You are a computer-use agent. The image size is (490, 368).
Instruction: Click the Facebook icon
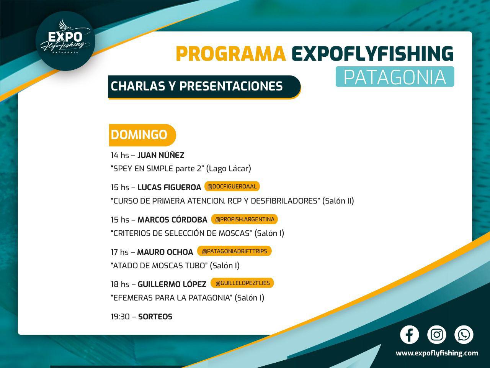click(409, 335)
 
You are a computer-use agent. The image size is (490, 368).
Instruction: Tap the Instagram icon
click(436, 335)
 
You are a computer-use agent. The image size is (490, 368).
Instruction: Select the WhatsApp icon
click(464, 335)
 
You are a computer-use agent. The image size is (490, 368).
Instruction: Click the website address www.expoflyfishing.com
click(437, 353)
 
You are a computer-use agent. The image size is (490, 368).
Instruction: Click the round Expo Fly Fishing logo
click(65, 41)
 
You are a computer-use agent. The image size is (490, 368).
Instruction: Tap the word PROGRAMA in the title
click(231, 54)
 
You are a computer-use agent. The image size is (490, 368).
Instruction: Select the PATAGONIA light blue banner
click(395, 77)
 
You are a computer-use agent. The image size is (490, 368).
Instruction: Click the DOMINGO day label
click(142, 135)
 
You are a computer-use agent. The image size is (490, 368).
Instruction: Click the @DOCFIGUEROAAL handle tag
click(232, 186)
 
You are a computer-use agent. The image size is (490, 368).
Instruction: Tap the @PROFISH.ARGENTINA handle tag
click(245, 219)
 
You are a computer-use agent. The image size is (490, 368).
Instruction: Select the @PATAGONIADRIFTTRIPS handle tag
click(234, 251)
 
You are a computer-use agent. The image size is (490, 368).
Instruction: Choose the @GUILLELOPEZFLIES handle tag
click(242, 283)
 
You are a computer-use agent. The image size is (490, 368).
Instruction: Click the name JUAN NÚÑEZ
click(161, 155)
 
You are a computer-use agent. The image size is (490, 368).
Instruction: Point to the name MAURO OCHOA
click(165, 252)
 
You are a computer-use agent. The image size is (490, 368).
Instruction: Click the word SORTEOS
click(155, 317)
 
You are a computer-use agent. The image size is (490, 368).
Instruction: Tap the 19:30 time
click(120, 317)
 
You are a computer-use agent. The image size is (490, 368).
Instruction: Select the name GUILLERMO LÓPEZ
click(172, 284)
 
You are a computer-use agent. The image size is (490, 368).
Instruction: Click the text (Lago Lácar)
click(229, 168)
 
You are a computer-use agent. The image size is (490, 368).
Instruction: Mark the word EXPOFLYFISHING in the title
click(372, 54)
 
